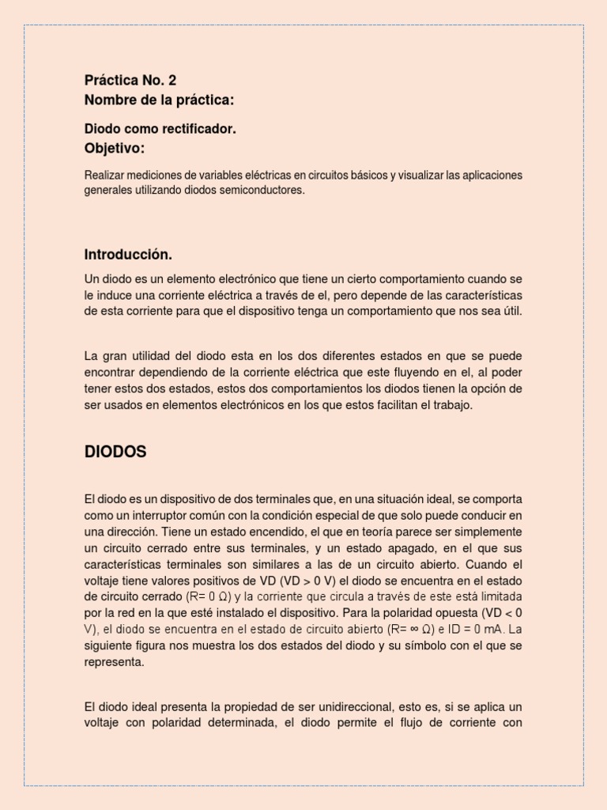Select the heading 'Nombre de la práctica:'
pos(159,100)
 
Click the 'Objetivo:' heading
pos(115,148)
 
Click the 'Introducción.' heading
pos(128,255)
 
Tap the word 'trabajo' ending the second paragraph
pos(451,405)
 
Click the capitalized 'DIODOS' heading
pos(115,452)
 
